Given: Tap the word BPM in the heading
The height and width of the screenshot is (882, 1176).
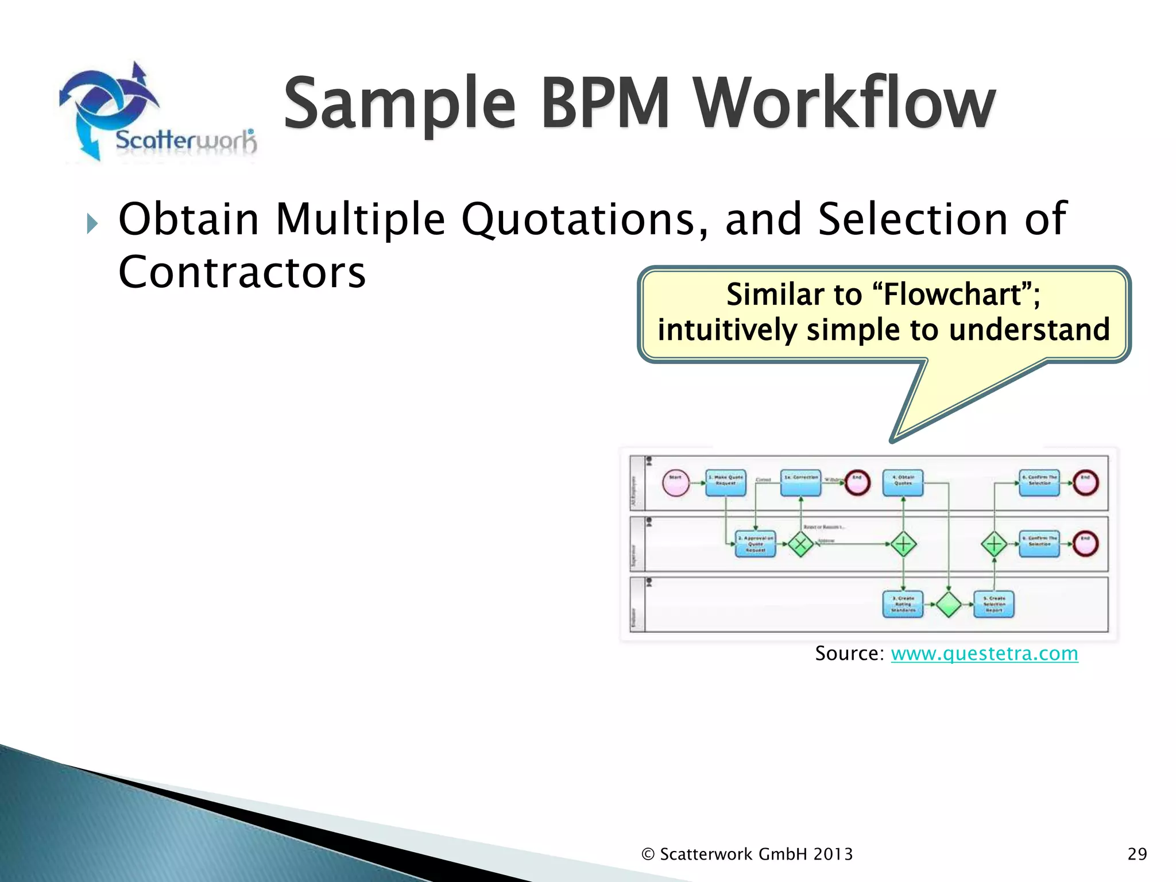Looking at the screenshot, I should (x=605, y=103).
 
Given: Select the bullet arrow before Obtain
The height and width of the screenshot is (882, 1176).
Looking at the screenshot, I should (x=92, y=223).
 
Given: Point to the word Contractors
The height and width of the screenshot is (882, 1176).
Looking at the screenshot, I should (x=242, y=272).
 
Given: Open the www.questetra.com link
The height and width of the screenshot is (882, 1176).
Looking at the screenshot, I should (x=984, y=653).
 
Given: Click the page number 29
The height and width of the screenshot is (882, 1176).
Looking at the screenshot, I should (x=1137, y=854).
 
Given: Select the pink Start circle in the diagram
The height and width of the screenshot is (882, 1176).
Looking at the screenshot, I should (x=676, y=483).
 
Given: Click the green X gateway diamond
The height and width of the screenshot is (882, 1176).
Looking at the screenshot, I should (x=800, y=544).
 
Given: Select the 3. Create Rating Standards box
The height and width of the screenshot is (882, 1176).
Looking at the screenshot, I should (x=903, y=604).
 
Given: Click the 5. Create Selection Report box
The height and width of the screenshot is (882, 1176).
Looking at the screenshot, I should (x=994, y=604).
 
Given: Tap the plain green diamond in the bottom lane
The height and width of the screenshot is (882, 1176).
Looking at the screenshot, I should (x=949, y=604).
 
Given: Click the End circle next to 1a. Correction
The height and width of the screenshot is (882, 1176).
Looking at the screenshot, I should (x=857, y=483).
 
